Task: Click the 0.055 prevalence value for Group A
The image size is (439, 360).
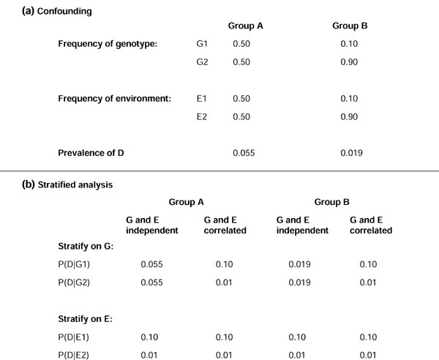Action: [244, 152]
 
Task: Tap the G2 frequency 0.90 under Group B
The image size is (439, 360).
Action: [350, 62]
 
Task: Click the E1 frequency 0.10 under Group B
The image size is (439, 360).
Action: [350, 98]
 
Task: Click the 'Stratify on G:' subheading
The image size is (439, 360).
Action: [86, 247]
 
